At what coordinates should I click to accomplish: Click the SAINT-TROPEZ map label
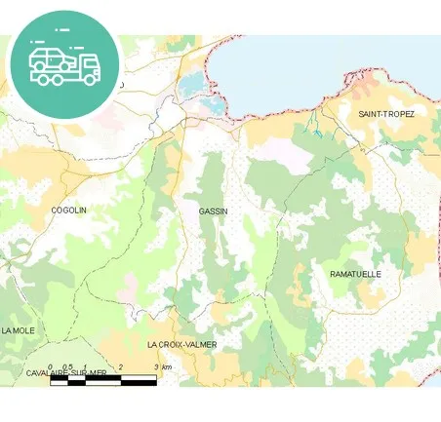pyautogui.click(x=386, y=115)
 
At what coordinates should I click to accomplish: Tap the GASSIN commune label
pyautogui.click(x=213, y=211)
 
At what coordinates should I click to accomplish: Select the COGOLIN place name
pyautogui.click(x=68, y=210)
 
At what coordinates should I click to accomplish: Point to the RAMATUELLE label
pyautogui.click(x=355, y=274)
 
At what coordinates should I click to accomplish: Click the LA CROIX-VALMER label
pyautogui.click(x=181, y=345)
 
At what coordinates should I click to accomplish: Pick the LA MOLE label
pyautogui.click(x=19, y=330)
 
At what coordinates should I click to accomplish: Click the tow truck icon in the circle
pyautogui.click(x=64, y=64)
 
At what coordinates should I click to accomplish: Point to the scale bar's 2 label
pyautogui.click(x=120, y=366)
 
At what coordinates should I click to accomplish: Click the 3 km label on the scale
pyautogui.click(x=163, y=366)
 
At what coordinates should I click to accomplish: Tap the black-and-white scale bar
pyautogui.click(x=102, y=379)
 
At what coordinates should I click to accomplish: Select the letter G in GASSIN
pyautogui.click(x=201, y=211)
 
